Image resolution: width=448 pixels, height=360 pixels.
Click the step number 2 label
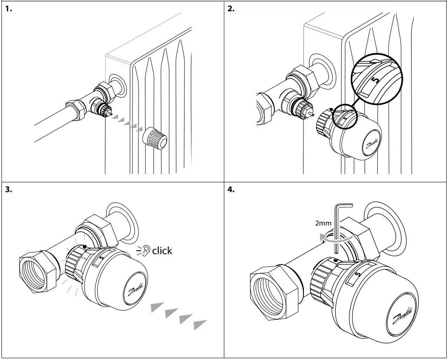(x=231, y=9)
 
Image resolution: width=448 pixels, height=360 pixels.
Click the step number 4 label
(x=231, y=190)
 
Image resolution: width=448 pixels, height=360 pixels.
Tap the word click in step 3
(x=162, y=251)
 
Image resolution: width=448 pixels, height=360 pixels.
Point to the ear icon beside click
(x=147, y=250)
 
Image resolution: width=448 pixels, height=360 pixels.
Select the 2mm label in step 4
(x=323, y=223)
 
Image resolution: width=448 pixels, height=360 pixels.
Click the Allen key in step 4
(x=337, y=230)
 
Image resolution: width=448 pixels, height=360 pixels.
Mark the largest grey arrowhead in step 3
(x=200, y=324)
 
